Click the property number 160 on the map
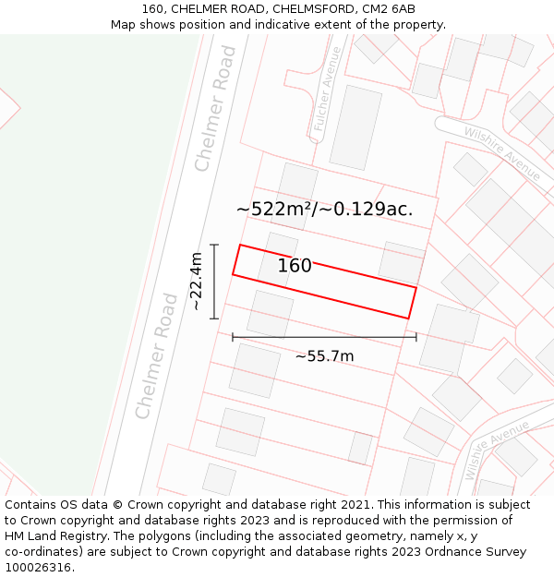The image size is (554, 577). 295,266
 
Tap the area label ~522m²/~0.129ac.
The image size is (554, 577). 324,209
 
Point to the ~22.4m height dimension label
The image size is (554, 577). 196,282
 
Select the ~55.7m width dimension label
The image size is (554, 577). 324,356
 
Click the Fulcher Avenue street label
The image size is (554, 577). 328,92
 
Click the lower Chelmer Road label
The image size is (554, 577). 156,356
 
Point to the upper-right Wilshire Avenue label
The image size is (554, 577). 502,152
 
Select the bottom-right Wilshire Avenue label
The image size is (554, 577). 497,450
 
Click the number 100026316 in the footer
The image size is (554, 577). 39,568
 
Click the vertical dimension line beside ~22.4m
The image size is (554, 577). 214,282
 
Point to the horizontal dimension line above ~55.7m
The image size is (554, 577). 324,337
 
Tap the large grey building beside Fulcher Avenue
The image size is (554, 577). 355,127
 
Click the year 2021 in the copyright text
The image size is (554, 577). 357,505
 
